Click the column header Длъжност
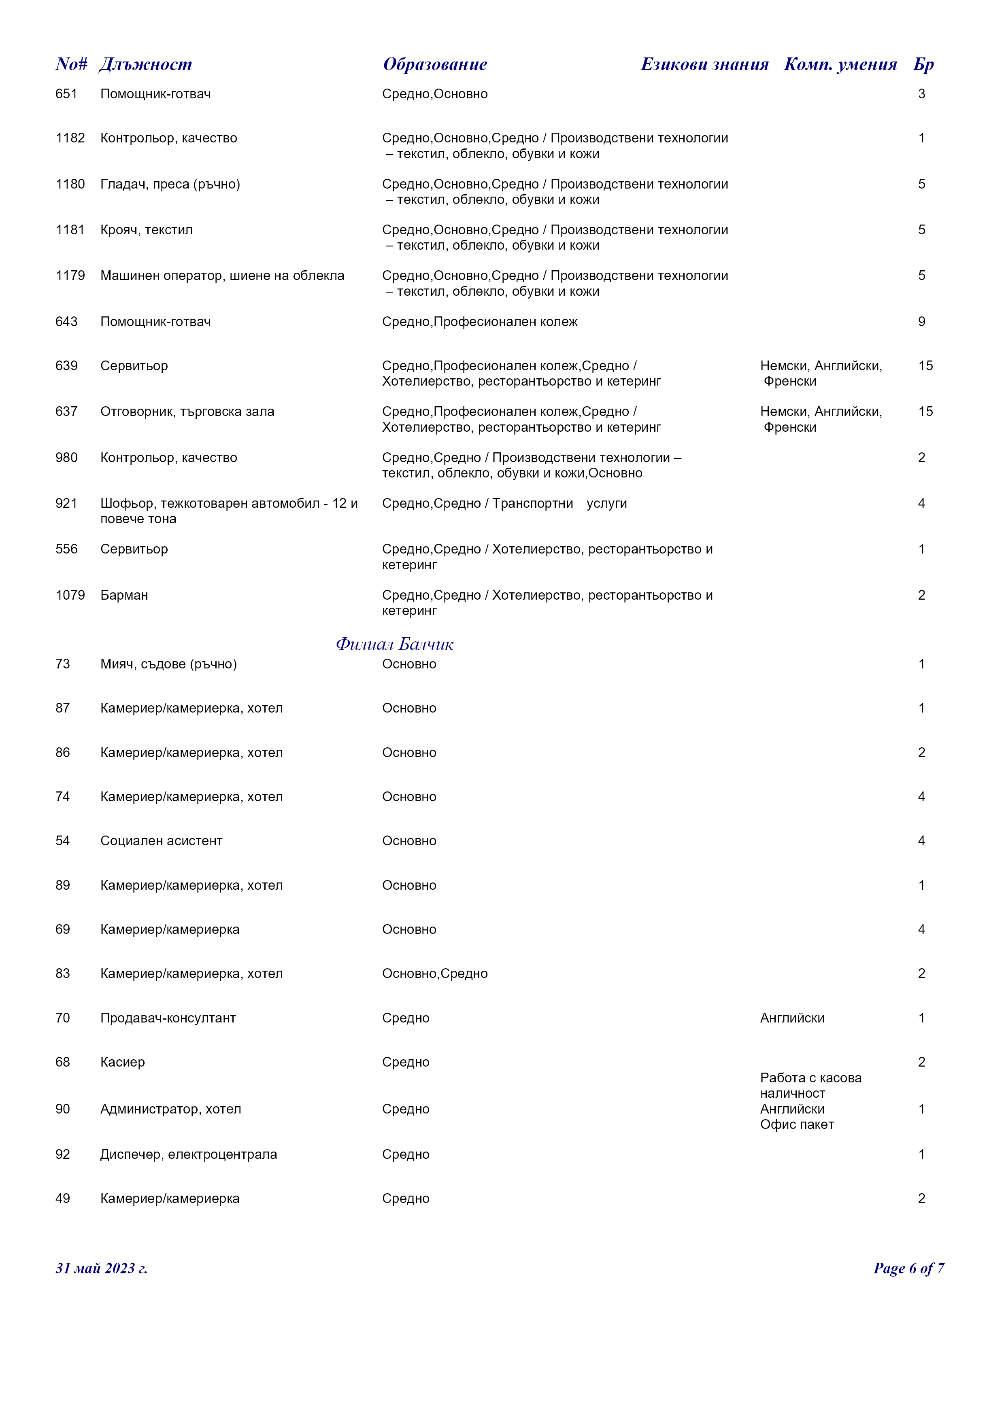(x=145, y=64)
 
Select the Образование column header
(x=435, y=64)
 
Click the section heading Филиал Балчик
(x=394, y=645)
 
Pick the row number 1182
(x=70, y=138)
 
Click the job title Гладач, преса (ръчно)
(x=170, y=184)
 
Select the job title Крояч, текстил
(x=147, y=230)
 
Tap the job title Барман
(x=124, y=595)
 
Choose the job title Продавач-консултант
(x=168, y=1018)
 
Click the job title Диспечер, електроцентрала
(x=189, y=1154)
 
